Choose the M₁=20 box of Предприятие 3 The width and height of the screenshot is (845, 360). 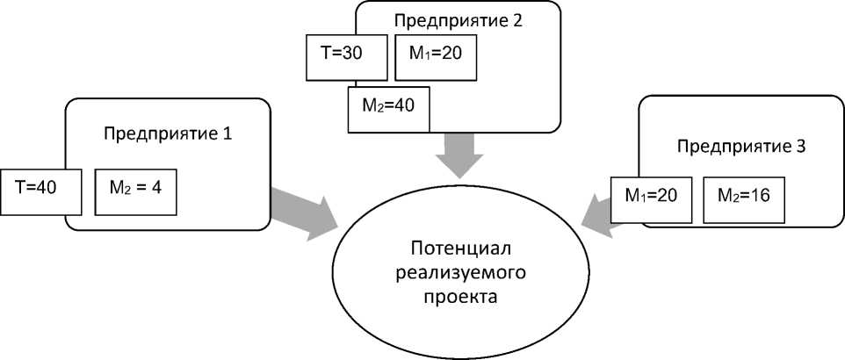pyautogui.click(x=653, y=198)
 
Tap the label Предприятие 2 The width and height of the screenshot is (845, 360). pyautogui.click(x=458, y=19)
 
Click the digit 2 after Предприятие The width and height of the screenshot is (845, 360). pyautogui.click(x=517, y=19)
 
